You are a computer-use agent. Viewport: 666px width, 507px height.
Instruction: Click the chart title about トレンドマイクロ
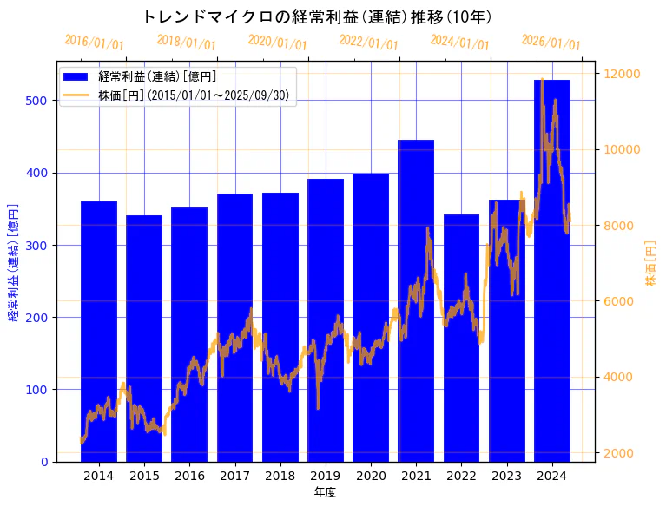click(x=317, y=16)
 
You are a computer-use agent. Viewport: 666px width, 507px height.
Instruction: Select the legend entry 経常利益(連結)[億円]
click(x=157, y=77)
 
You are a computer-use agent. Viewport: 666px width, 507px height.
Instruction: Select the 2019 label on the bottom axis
click(x=326, y=476)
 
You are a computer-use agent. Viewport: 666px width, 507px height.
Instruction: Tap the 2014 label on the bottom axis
click(x=99, y=476)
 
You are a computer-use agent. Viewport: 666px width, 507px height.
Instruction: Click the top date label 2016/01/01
click(x=94, y=43)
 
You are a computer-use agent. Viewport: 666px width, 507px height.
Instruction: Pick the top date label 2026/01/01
click(x=551, y=43)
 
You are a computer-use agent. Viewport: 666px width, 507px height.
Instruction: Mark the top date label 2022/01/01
click(x=368, y=43)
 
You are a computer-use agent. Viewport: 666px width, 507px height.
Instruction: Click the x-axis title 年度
click(x=326, y=492)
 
